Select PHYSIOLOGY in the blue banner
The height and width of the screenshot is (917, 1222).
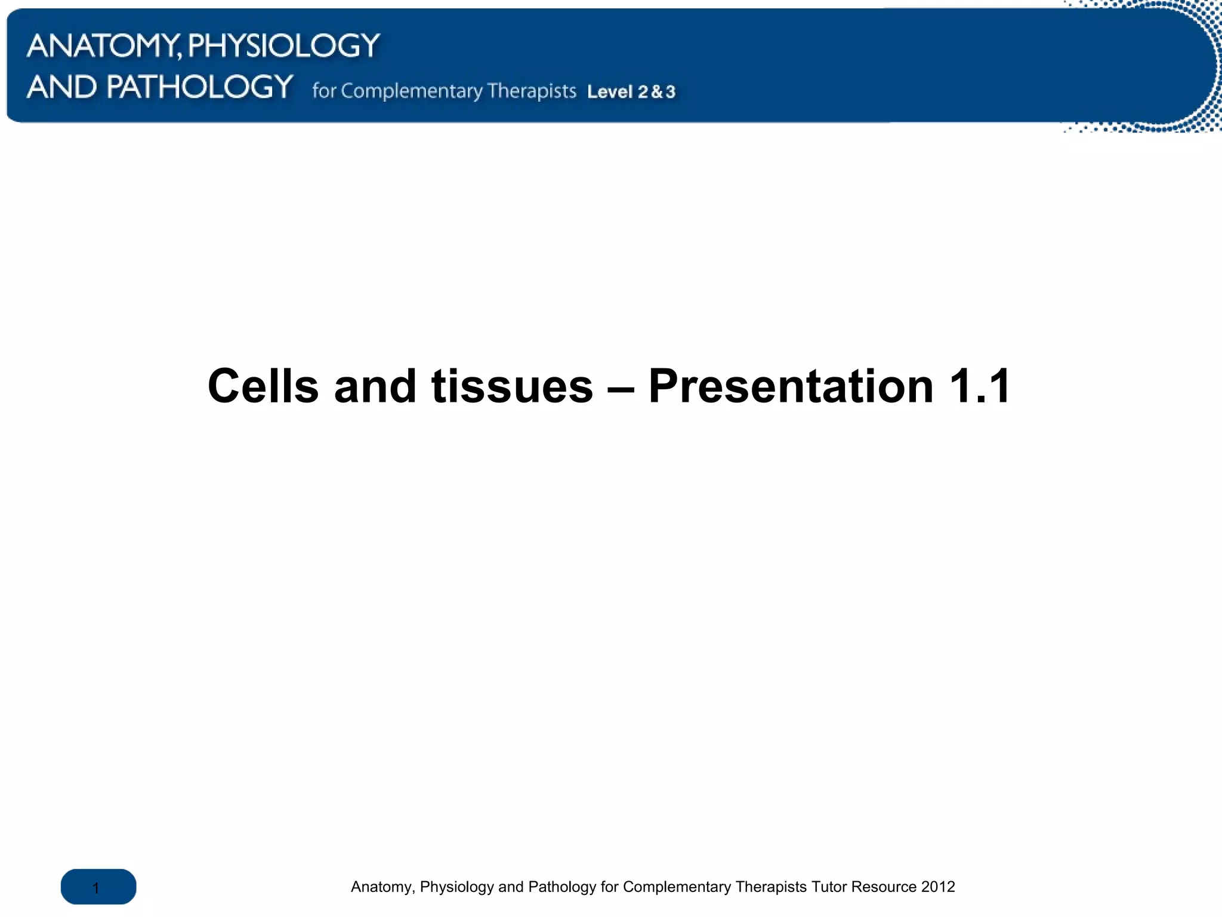(x=284, y=46)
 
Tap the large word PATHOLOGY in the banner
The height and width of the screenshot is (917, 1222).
(x=199, y=87)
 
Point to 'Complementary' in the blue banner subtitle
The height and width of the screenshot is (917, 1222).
(x=412, y=91)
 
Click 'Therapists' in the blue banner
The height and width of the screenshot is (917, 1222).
(x=531, y=91)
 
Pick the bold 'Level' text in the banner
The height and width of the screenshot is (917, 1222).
(x=609, y=92)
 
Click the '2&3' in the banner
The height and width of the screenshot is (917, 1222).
(x=656, y=92)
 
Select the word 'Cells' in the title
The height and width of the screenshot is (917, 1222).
(x=263, y=386)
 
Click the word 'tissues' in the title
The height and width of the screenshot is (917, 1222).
(x=512, y=386)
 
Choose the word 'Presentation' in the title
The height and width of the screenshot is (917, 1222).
(x=791, y=386)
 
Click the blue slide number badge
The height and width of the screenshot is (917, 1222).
(x=98, y=887)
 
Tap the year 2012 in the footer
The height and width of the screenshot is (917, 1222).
(x=938, y=887)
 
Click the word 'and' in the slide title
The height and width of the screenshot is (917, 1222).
(x=375, y=386)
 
